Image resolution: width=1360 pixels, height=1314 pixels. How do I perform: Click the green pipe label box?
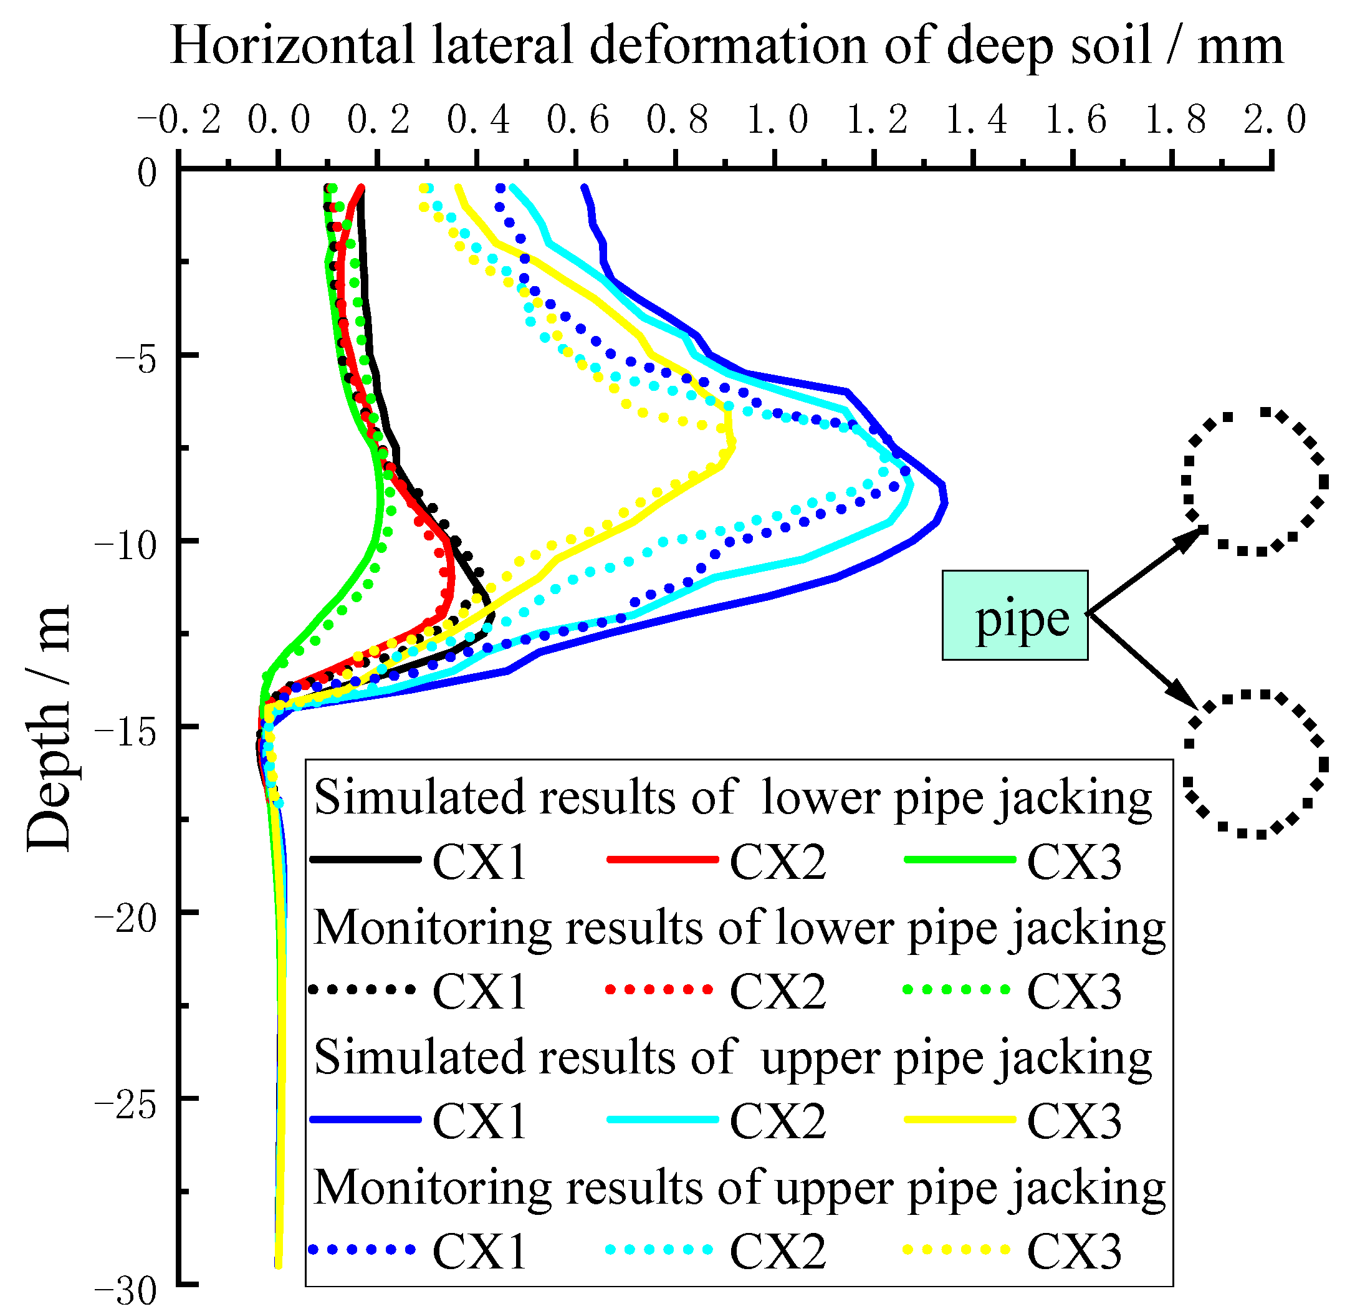coord(1015,615)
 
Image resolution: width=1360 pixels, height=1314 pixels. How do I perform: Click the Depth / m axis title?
coord(49,729)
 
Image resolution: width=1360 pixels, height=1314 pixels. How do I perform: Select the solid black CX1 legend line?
coord(366,860)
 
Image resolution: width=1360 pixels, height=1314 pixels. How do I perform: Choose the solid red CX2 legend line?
coord(662,860)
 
